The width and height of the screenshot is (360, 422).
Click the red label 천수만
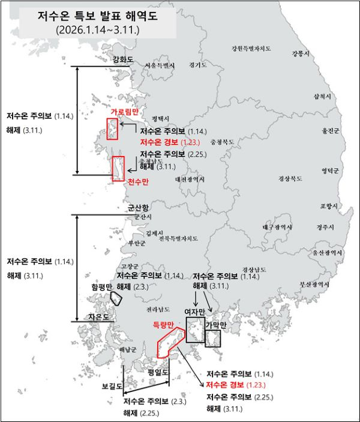(138, 181)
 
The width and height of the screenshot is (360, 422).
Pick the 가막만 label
(216, 325)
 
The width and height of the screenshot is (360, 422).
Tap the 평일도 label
(158, 372)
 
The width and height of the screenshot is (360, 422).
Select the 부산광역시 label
(315, 284)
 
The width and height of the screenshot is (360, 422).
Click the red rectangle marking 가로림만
(112, 128)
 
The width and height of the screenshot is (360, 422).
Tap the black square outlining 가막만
(213, 339)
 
